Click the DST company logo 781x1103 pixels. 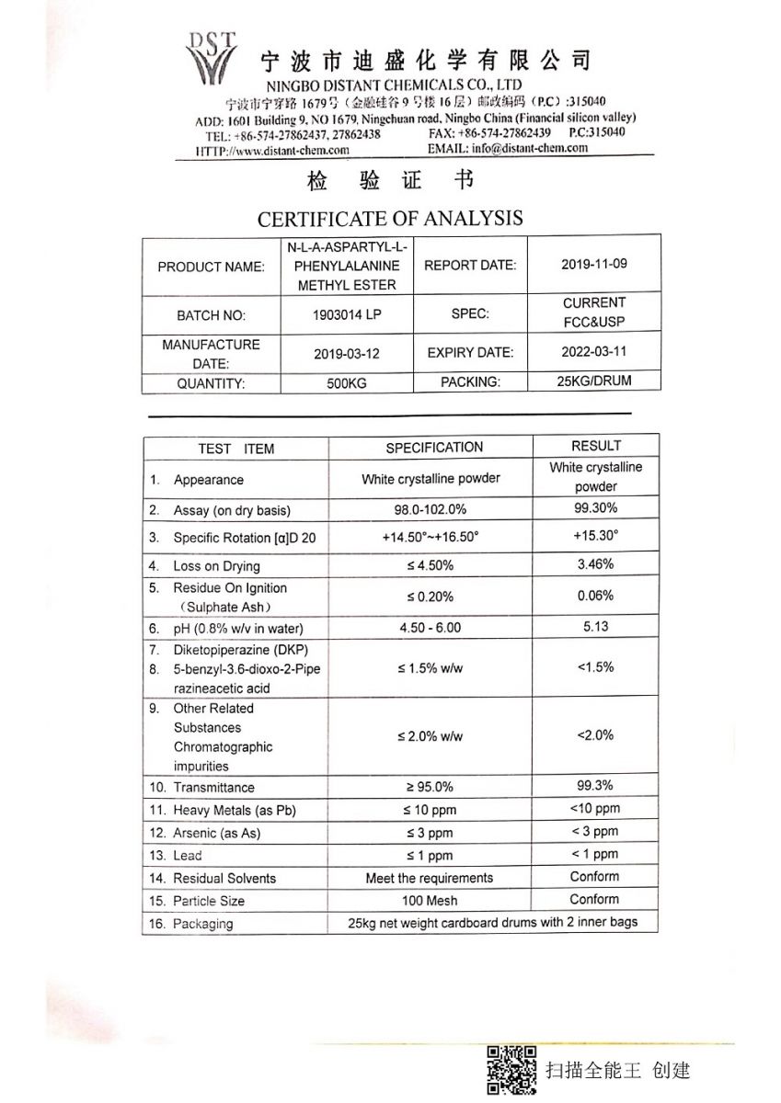pos(211,58)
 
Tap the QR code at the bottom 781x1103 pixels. pos(511,1070)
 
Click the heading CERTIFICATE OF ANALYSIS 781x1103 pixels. pos(390,219)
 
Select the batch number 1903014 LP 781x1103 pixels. pos(347,314)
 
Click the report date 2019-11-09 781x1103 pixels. pos(593,264)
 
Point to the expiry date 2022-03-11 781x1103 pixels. pos(593,351)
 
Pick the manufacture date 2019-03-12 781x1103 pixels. pos(347,352)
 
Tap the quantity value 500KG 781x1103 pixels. pos(347,383)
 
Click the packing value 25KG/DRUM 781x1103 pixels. pos(593,381)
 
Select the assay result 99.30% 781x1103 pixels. pos(595,507)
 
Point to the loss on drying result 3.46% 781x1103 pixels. pos(595,563)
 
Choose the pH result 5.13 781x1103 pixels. pos(595,626)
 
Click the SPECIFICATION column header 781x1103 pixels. pos(434,448)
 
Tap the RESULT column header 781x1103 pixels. pos(595,446)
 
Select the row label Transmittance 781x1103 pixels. pos(213,787)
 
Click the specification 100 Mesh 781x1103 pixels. pos(429,901)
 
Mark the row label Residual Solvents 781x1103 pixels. pos(224,878)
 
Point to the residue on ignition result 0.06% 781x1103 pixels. pos(595,596)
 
